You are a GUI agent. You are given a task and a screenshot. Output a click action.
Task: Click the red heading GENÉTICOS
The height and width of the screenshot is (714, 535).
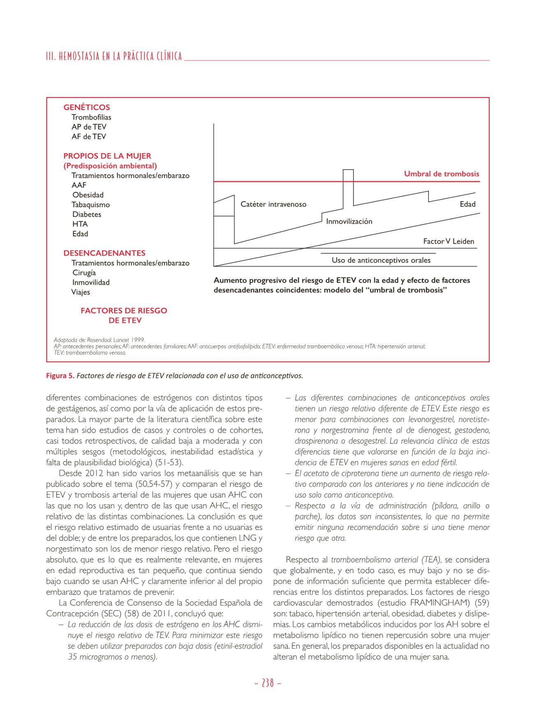86,107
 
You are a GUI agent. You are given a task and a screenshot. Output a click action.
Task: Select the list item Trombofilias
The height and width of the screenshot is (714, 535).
91,117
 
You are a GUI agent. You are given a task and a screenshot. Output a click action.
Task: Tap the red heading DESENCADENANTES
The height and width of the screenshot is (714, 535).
104,253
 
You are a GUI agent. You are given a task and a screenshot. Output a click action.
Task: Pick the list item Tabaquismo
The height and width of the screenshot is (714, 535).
91,205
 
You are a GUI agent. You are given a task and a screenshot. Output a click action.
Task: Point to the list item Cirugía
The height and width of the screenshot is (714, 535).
84,273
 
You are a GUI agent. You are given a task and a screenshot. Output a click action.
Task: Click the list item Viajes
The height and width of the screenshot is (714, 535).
81,292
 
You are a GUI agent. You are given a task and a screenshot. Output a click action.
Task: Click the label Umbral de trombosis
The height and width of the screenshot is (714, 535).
441,174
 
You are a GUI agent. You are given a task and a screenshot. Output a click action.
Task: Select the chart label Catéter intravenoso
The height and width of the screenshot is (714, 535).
273,204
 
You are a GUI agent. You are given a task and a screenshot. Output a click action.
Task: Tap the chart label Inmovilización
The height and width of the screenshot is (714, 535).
349,222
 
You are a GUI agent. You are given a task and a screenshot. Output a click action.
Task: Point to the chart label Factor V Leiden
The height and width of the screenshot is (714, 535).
449,241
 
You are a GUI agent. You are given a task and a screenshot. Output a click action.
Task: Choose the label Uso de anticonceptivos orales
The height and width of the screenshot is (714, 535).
381,260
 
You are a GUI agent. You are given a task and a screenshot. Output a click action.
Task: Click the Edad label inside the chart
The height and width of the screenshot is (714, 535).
468,204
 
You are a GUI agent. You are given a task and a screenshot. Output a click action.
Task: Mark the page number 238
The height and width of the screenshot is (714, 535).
267,683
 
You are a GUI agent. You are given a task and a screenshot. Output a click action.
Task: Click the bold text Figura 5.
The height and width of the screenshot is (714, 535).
60,376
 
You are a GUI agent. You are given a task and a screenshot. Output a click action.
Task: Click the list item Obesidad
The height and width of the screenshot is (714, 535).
88,195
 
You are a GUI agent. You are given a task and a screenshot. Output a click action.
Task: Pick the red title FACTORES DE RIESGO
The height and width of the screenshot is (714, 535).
124,311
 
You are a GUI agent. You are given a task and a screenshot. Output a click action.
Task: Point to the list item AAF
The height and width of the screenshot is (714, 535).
79,185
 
